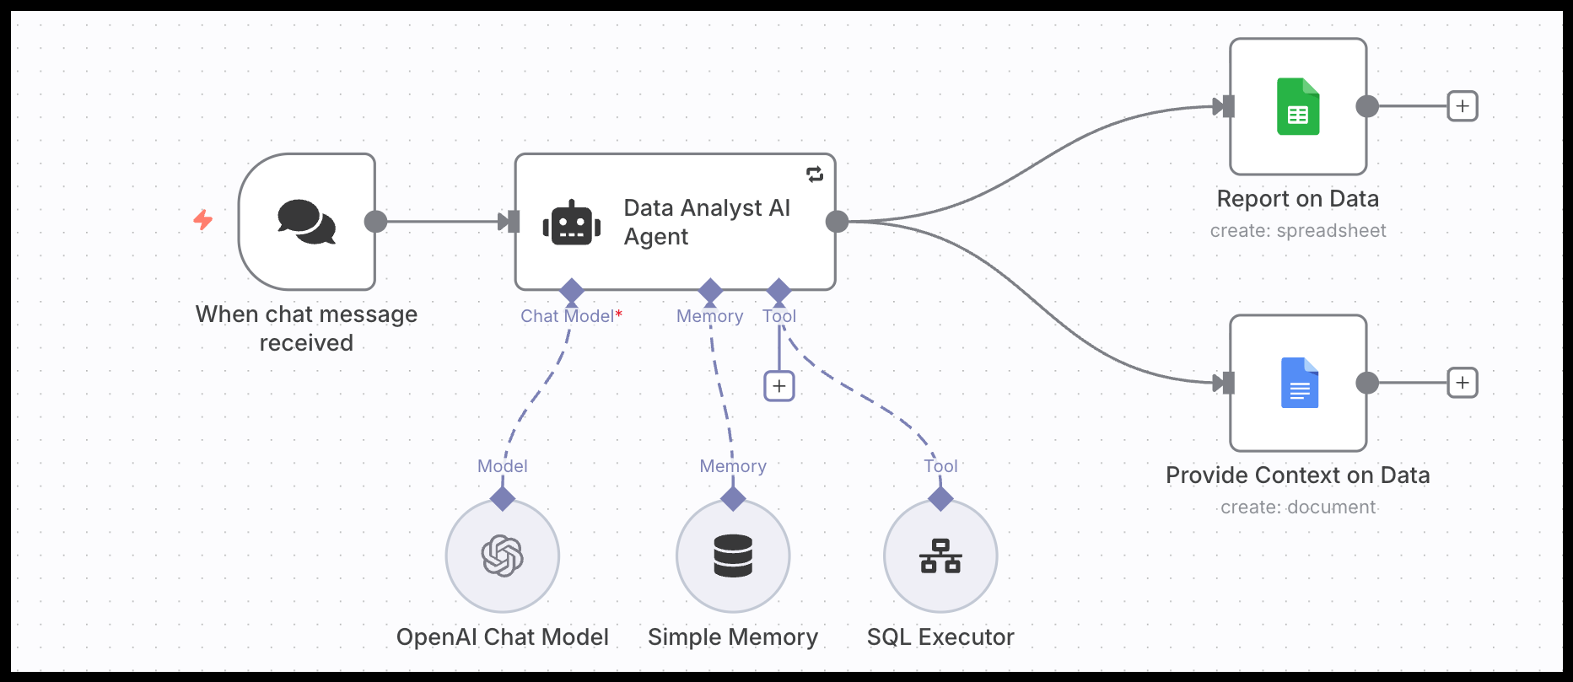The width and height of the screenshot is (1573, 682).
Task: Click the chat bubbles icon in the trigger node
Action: click(306, 222)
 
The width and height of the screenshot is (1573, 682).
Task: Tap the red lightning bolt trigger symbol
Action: click(203, 220)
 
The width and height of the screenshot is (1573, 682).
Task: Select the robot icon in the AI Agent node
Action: click(572, 223)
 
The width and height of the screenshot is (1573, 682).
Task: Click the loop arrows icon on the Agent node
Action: click(815, 175)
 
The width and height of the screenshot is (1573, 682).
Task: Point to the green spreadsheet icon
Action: click(1298, 107)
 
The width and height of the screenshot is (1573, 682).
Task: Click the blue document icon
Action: click(1299, 384)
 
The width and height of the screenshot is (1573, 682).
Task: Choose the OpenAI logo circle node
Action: click(503, 556)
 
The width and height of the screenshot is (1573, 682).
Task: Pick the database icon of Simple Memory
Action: click(733, 556)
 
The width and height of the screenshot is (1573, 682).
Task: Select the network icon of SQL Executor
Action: click(940, 556)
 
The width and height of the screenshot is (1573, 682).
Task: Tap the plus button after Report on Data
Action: click(1463, 106)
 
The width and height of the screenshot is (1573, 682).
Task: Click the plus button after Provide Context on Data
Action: click(1463, 383)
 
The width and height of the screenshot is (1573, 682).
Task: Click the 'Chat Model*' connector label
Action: click(571, 316)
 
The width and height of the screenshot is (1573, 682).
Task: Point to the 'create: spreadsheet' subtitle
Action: click(1298, 231)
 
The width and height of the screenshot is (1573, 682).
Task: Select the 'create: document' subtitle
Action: click(1298, 507)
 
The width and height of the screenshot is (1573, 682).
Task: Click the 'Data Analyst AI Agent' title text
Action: click(707, 222)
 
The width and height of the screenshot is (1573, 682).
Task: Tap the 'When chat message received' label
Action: click(306, 328)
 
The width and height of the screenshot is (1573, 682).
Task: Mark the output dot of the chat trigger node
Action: click(375, 222)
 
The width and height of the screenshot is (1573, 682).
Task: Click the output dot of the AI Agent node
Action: click(837, 222)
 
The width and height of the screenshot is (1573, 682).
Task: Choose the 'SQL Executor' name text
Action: click(940, 637)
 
